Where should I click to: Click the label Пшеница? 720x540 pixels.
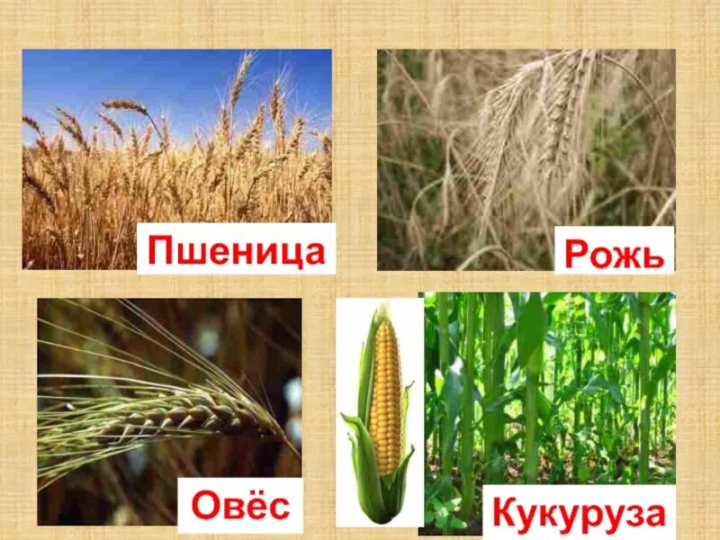[236, 248]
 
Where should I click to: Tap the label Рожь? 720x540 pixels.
[616, 253]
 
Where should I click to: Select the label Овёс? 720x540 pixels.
[240, 505]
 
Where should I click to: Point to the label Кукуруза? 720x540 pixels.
[580, 516]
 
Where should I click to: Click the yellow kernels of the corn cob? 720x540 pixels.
[386, 396]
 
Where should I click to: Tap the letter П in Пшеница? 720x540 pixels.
[160, 248]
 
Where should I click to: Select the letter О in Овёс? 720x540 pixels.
[206, 506]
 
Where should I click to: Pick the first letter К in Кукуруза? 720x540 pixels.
[505, 516]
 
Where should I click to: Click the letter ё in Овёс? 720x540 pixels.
[255, 504]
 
